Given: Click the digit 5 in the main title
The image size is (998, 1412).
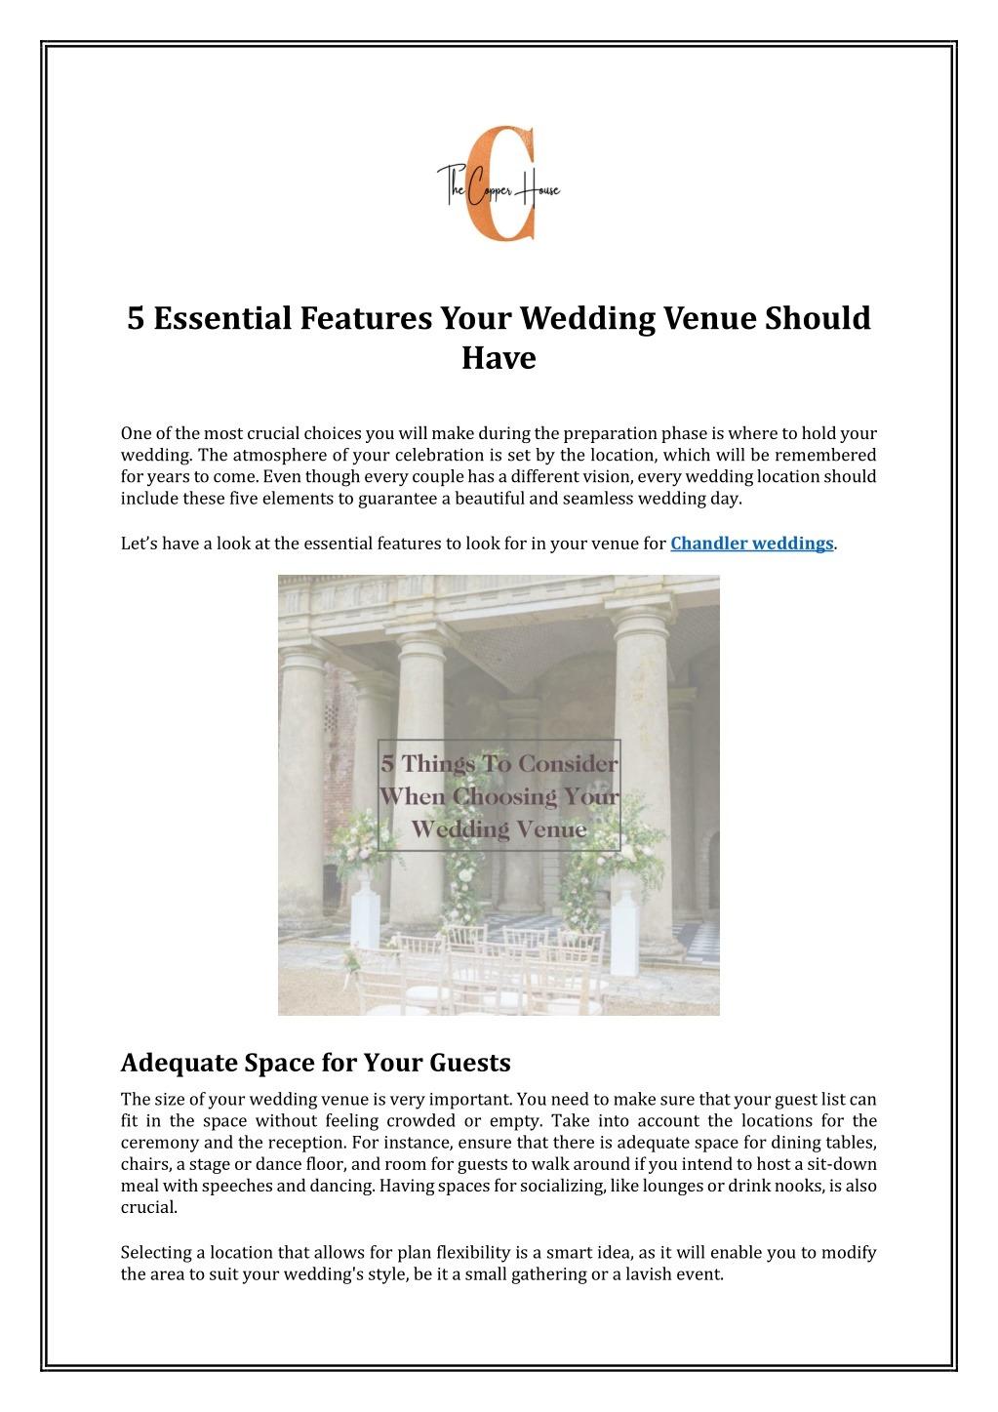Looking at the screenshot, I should (x=137, y=318).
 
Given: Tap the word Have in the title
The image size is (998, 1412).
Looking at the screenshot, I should (x=499, y=358).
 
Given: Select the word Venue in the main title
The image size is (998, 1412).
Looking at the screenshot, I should (x=712, y=318).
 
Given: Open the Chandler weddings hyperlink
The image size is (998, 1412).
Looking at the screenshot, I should (x=751, y=544).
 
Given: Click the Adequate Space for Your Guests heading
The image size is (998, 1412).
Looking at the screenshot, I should (x=315, y=1062).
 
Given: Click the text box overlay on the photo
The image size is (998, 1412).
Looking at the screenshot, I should (x=499, y=795).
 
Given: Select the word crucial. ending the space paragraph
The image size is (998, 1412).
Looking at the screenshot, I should (x=149, y=1207).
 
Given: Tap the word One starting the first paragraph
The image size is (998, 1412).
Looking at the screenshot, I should (x=136, y=433).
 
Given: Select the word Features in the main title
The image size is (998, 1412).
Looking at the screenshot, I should (x=366, y=318).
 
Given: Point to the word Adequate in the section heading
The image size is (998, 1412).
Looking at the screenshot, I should (x=177, y=1062).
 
